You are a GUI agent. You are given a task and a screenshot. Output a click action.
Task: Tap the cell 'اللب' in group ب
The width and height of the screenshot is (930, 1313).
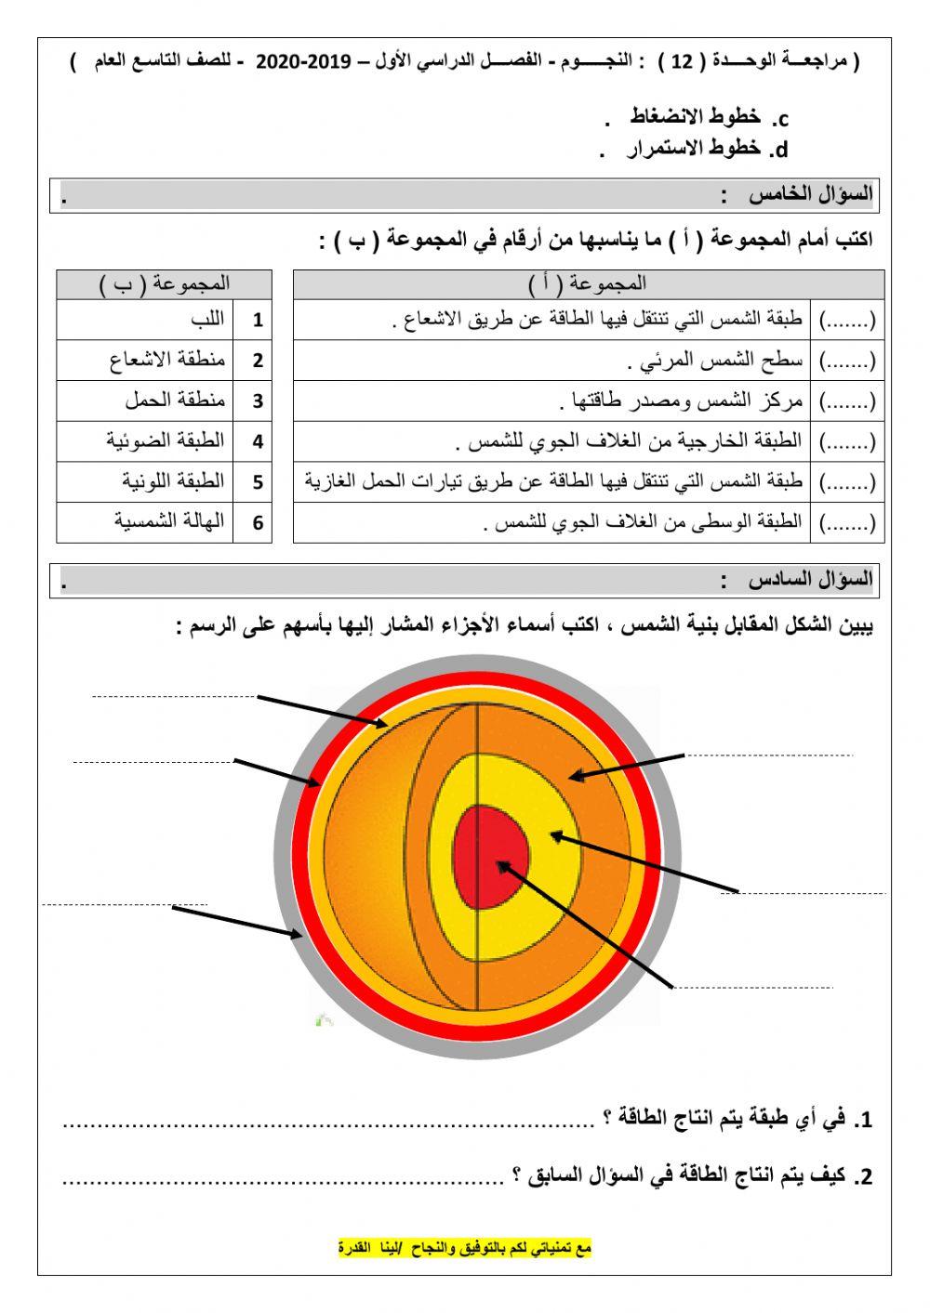pos(206,320)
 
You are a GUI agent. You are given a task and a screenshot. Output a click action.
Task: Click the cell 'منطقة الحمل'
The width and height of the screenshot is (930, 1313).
pos(175,400)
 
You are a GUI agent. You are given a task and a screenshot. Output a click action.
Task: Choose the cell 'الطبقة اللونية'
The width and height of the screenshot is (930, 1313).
pos(173,481)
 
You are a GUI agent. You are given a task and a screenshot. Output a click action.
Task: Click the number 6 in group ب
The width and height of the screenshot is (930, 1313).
pos(258,522)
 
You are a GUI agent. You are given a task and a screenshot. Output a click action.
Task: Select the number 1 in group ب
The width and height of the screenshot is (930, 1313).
pos(258,321)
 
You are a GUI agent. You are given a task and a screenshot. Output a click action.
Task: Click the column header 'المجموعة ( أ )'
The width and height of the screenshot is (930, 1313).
pos(589,283)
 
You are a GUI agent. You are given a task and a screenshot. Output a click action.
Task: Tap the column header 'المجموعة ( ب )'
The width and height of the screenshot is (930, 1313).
pos(164,283)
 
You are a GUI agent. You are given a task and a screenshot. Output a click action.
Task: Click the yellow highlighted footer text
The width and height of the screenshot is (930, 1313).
pos(464,1248)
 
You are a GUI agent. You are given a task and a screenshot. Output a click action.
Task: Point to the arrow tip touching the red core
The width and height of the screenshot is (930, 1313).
pos(499,863)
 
